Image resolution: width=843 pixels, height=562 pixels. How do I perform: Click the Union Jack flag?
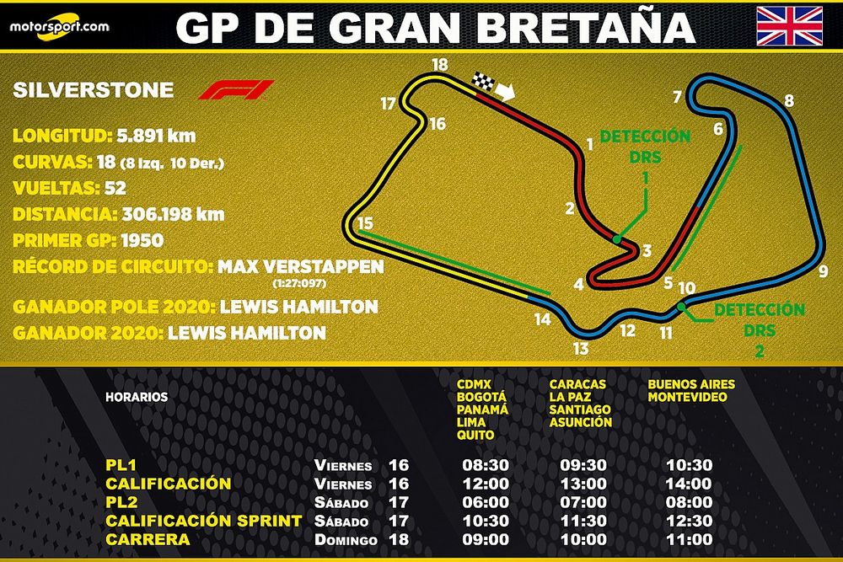pos(789,25)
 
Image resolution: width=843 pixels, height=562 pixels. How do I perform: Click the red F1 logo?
pos(236,89)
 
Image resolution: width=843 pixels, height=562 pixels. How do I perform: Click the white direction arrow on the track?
pos(507,91)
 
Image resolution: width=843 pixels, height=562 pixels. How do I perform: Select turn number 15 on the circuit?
pos(364,223)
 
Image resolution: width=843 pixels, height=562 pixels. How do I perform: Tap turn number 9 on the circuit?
pos(823,271)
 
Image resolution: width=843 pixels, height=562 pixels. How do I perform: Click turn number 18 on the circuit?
pos(438,64)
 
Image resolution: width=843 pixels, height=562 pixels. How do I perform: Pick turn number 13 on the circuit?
pos(579,349)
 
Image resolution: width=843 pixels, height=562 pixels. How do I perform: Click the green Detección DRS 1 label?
pos(645,157)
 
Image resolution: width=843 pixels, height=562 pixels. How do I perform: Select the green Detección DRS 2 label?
pos(759,329)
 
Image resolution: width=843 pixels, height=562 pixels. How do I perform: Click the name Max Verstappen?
pos(300,267)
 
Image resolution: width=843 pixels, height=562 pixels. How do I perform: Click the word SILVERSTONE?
pos(94,91)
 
